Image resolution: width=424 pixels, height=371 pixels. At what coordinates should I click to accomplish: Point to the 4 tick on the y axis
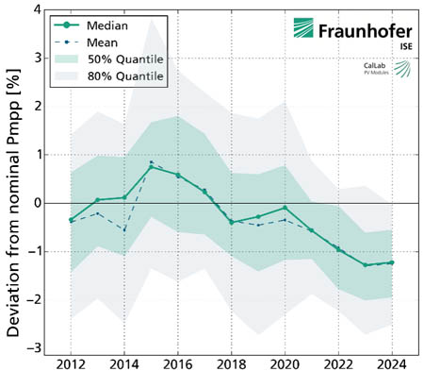(x=37, y=9)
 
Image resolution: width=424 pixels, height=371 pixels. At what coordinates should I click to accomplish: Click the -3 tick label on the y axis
(x=35, y=347)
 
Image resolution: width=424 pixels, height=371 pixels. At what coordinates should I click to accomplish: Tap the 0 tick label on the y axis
(x=37, y=203)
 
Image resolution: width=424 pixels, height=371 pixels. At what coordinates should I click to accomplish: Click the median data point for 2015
(x=151, y=167)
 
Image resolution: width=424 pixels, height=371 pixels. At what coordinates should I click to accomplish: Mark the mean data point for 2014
(x=124, y=229)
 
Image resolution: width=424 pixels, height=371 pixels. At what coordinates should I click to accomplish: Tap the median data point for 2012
(x=71, y=220)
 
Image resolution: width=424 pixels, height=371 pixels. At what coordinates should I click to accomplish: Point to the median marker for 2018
(x=231, y=222)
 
